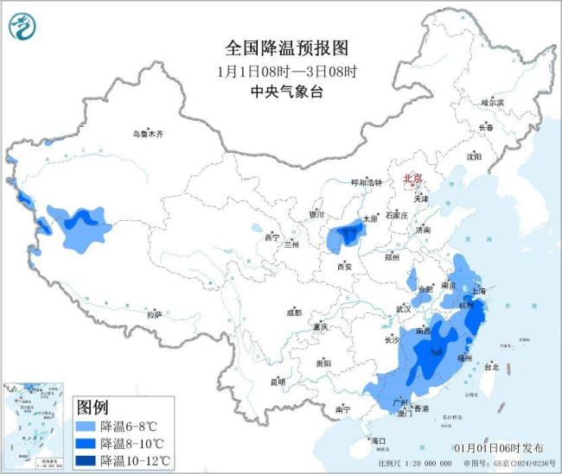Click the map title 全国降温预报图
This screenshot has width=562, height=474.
[x=280, y=47]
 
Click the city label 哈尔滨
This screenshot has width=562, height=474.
[x=491, y=102]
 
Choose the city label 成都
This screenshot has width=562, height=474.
[x=295, y=312]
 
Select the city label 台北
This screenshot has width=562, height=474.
[x=491, y=366]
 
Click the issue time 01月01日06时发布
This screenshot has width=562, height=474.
[x=499, y=448]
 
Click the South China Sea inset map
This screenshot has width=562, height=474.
[x=35, y=426]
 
